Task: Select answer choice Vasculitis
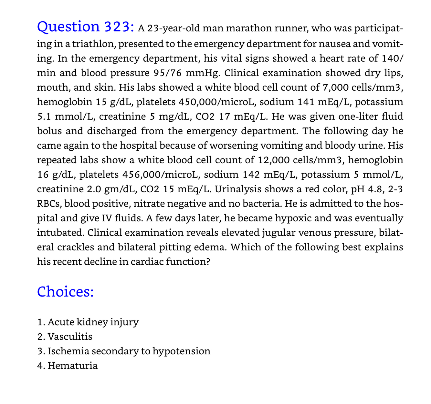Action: point(70,337)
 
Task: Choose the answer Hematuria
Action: point(72,366)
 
